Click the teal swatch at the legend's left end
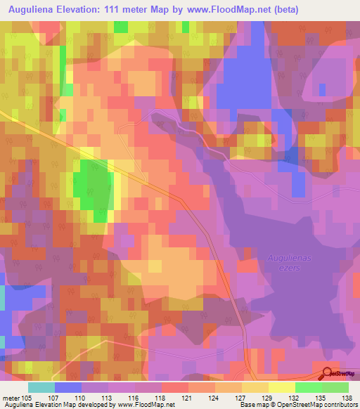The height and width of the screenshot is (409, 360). click(x=41, y=387)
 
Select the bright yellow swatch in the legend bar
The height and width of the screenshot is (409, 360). click(x=281, y=387)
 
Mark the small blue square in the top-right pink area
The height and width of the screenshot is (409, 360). click(x=322, y=89)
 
